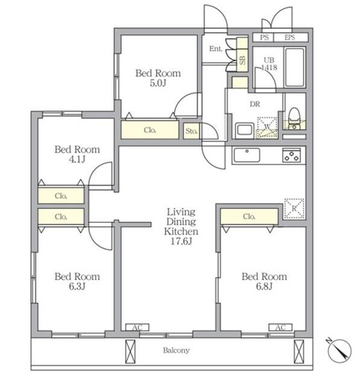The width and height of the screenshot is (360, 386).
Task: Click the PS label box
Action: [264, 37]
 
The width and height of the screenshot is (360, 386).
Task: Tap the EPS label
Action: [290, 37]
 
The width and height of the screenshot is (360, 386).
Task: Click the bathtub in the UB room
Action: [294, 67]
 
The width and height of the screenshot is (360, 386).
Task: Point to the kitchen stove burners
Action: [291, 155]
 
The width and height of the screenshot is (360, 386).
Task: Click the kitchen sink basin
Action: [247, 155]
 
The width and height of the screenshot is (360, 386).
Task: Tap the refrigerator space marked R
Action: [294, 208]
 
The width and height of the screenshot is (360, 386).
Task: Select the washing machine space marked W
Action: [267, 127]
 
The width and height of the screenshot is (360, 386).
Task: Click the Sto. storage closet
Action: [191, 131]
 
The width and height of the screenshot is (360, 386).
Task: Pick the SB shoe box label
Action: [242, 60]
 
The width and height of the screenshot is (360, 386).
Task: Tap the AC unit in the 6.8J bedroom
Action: [280, 327]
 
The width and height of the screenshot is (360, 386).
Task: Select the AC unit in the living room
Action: [137, 327]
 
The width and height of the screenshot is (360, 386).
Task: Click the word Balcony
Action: [176, 351]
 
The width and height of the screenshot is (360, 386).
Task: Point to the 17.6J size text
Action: [181, 241]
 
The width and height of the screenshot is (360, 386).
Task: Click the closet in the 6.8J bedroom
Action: [249, 216]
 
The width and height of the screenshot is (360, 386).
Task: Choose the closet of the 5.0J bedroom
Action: [150, 130]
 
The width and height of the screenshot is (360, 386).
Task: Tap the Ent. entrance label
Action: [215, 48]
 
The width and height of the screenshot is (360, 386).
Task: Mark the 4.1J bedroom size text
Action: [77, 160]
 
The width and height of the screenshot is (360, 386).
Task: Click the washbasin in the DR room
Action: [244, 130]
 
